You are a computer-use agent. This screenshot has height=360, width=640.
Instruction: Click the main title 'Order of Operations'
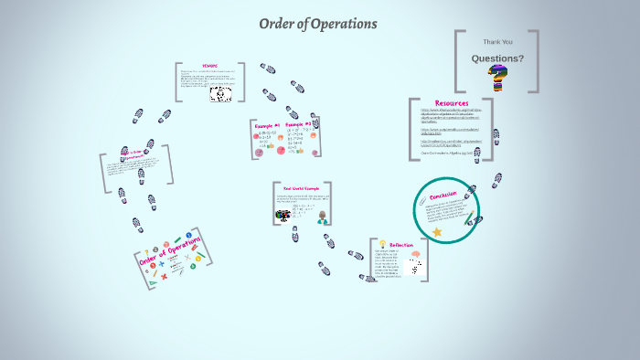(317, 24)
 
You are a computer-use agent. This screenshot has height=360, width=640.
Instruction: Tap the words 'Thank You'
(497, 41)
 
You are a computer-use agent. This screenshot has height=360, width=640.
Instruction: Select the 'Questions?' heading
(497, 58)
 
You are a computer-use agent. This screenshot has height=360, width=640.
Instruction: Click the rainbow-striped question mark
(498, 79)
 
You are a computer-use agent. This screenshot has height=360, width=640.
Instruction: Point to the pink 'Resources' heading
(452, 103)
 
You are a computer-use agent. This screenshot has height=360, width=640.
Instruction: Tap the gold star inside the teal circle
(437, 232)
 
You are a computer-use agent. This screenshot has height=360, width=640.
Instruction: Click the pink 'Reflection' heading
(401, 245)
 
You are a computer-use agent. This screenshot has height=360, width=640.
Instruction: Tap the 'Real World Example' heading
(301, 188)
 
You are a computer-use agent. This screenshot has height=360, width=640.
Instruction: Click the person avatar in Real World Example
(323, 217)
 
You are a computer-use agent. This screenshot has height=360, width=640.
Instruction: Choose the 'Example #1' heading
(267, 125)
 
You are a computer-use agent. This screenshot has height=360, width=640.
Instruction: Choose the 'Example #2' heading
(298, 124)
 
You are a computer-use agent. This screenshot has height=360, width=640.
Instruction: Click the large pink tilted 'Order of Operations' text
(170, 249)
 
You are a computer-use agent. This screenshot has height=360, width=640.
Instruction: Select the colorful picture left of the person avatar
(283, 217)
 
